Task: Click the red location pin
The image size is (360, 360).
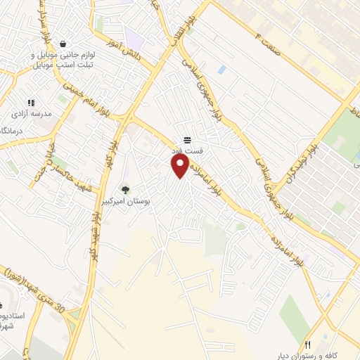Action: (180, 166)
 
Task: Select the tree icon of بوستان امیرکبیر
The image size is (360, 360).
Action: (126, 189)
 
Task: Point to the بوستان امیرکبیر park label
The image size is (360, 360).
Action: (143, 200)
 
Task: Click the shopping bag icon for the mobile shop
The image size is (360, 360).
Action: (64, 44)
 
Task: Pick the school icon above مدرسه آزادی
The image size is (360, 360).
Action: (31, 103)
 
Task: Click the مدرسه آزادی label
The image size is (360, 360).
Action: (31, 113)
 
